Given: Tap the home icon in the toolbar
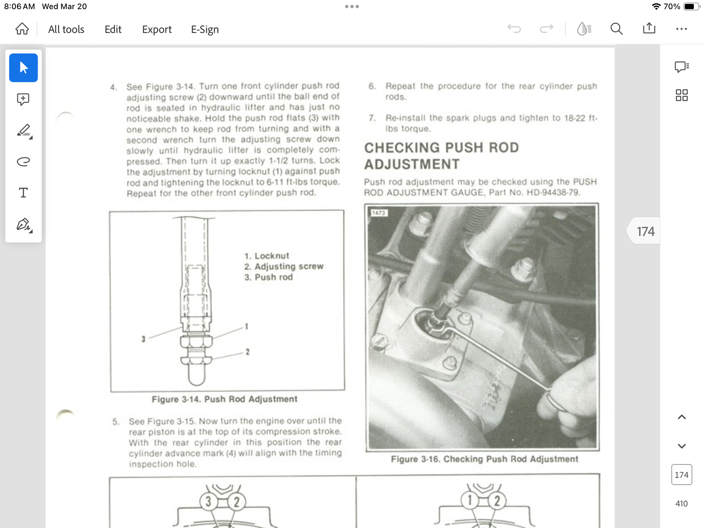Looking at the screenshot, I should pos(22,29).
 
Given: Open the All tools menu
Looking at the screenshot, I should pos(66,29).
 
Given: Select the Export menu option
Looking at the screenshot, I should pos(157,29).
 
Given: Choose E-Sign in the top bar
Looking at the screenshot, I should pos(205,29).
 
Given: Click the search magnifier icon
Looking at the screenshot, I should pos(616,29).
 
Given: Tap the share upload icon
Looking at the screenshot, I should pos(649,28).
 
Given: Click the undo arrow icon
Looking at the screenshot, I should pos(514,29).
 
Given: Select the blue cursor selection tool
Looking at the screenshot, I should pos(23,68).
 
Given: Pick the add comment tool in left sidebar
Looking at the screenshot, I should pos(23,99).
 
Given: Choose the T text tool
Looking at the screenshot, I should pos(23,193).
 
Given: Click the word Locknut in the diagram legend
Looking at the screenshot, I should pos(272,256).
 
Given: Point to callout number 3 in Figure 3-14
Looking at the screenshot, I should pos(143,339).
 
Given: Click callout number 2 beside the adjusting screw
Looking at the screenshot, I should pos(247,352).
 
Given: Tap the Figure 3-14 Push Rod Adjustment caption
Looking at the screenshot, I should pos(225,399).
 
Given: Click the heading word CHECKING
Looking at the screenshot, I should pos(402,148).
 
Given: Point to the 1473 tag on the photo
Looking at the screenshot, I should pos(378,213).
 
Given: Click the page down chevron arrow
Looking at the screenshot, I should pos(681,446).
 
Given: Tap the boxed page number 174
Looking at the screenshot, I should pos(681,475).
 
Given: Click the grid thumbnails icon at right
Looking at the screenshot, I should pos(681,95).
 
